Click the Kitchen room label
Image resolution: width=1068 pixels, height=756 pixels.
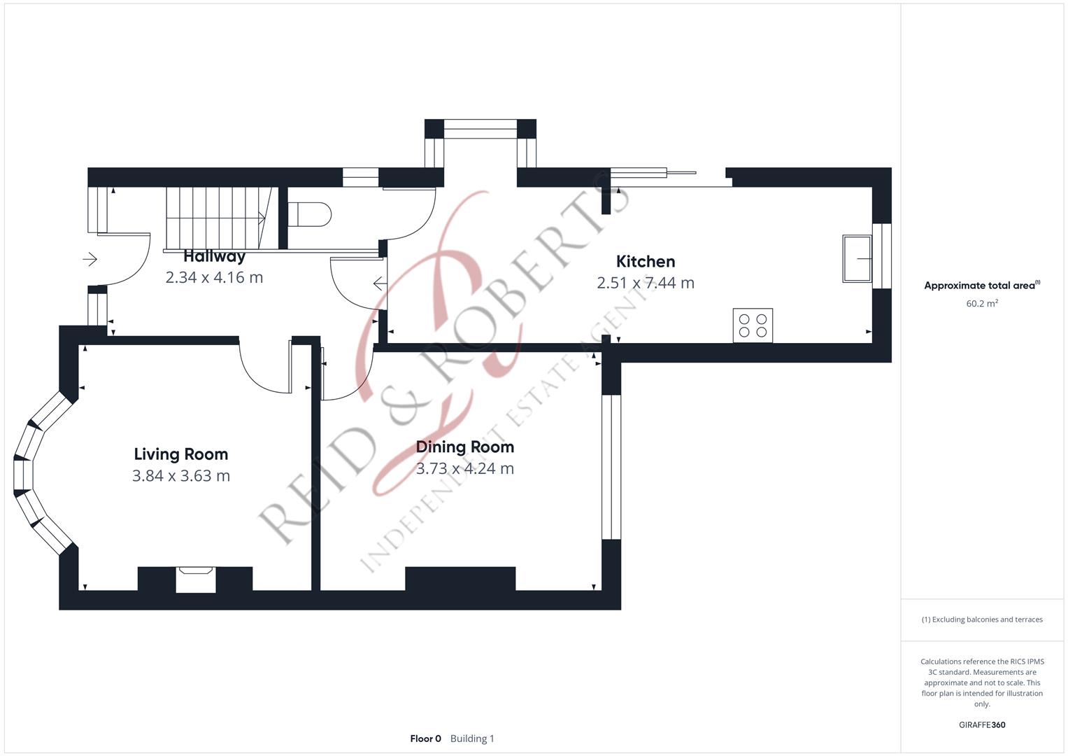click(646, 262)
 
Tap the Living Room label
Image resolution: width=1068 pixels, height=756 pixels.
click(180, 454)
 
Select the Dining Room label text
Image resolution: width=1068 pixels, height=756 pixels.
click(465, 447)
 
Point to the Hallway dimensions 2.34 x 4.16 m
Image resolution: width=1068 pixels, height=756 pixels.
click(214, 277)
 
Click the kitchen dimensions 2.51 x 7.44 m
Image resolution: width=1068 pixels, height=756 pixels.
click(646, 283)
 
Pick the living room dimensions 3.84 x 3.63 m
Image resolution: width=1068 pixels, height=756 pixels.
click(180, 476)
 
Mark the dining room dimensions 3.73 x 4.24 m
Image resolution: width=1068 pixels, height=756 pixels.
click(465, 469)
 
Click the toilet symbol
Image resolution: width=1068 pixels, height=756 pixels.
click(309, 214)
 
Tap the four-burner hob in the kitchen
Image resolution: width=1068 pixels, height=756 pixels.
click(753, 325)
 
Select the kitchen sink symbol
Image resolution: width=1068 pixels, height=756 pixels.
click(857, 259)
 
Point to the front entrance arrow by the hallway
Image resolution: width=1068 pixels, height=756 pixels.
click(90, 259)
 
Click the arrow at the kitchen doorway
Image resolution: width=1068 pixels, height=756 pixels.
click(380, 283)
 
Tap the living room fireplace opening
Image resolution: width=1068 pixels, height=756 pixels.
click(195, 580)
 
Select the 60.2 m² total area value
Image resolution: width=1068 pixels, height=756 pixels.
click(982, 304)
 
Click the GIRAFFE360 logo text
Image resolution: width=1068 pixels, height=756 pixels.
click(982, 725)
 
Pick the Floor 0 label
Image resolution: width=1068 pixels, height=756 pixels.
click(426, 738)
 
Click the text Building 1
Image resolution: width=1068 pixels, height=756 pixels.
click(472, 738)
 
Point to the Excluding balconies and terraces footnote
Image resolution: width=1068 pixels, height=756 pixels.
click(982, 619)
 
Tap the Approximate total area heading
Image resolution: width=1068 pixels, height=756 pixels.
click(982, 286)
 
